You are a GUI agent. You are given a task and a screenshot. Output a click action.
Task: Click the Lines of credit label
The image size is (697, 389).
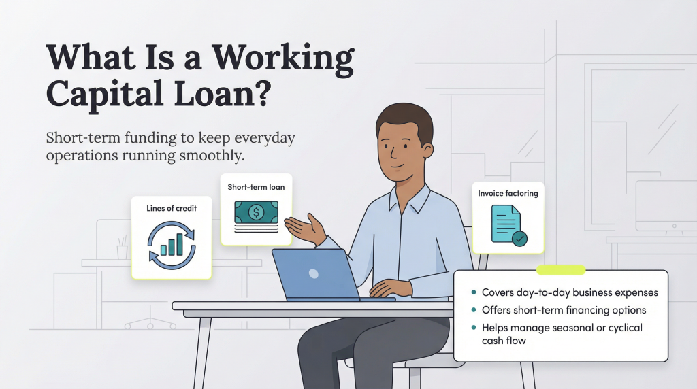click(x=172, y=208)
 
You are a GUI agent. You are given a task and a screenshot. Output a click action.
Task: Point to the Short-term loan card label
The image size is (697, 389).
click(x=256, y=186)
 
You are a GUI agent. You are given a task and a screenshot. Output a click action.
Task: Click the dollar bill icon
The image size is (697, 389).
click(x=256, y=212)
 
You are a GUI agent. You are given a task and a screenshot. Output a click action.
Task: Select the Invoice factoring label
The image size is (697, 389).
click(x=508, y=193)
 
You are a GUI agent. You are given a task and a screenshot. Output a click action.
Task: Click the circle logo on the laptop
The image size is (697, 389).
click(x=313, y=273)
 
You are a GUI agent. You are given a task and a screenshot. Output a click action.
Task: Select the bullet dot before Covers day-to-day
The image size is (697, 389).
click(x=473, y=292)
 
